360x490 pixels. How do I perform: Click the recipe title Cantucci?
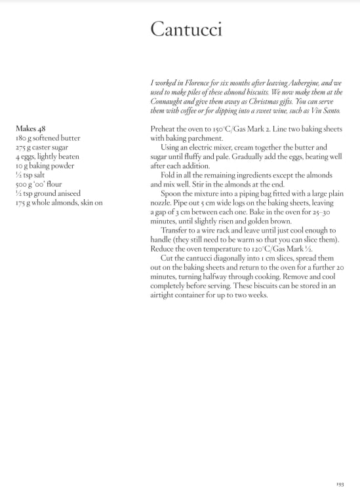point(186,29)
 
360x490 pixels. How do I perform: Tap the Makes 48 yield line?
point(30,129)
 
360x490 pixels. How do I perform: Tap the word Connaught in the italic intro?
point(169,102)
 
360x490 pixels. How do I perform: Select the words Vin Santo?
point(326,111)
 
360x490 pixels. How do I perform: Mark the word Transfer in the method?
point(176,231)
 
